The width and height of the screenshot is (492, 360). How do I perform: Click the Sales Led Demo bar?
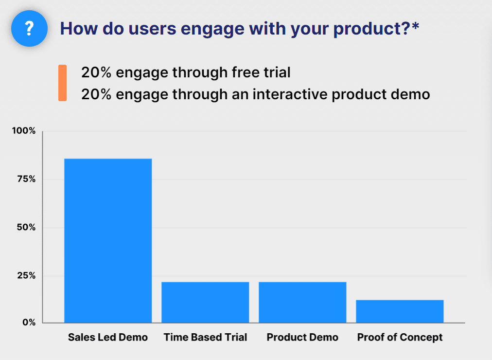pyautogui.click(x=108, y=240)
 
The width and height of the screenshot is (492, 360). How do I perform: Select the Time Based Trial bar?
pyautogui.click(x=205, y=302)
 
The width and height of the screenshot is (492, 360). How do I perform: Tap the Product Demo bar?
pyautogui.click(x=302, y=302)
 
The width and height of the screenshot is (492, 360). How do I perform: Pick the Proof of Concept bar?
pyautogui.click(x=400, y=311)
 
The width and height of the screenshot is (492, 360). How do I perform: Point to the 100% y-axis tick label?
pyautogui.click(x=24, y=130)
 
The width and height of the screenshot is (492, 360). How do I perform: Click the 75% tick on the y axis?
pyautogui.click(x=26, y=179)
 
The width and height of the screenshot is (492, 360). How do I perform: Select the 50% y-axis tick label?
pyautogui.click(x=26, y=227)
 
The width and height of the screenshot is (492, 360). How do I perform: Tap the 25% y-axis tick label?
pyautogui.click(x=26, y=275)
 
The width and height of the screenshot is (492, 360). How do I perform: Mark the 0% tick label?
pyautogui.click(x=29, y=323)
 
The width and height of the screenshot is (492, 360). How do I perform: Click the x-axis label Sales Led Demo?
pyautogui.click(x=108, y=337)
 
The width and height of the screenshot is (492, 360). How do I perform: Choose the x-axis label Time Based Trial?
pyautogui.click(x=205, y=337)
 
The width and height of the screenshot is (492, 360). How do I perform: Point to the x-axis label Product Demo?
pyautogui.click(x=302, y=337)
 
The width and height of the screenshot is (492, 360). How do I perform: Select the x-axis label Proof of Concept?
pyautogui.click(x=400, y=338)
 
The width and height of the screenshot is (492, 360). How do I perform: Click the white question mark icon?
pyautogui.click(x=29, y=28)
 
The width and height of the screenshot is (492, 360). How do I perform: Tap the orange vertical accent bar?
pyautogui.click(x=62, y=83)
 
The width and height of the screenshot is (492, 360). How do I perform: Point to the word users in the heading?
pyautogui.click(x=152, y=29)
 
